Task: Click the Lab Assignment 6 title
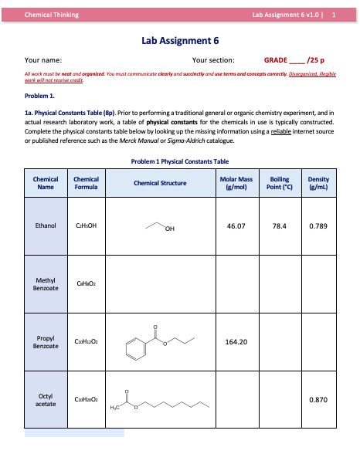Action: tap(181, 40)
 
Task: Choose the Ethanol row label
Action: tap(46, 226)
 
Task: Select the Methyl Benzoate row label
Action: tap(46, 283)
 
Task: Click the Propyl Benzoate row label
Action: tap(46, 341)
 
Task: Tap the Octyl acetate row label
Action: tap(46, 400)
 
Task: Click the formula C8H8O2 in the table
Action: tap(84, 283)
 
